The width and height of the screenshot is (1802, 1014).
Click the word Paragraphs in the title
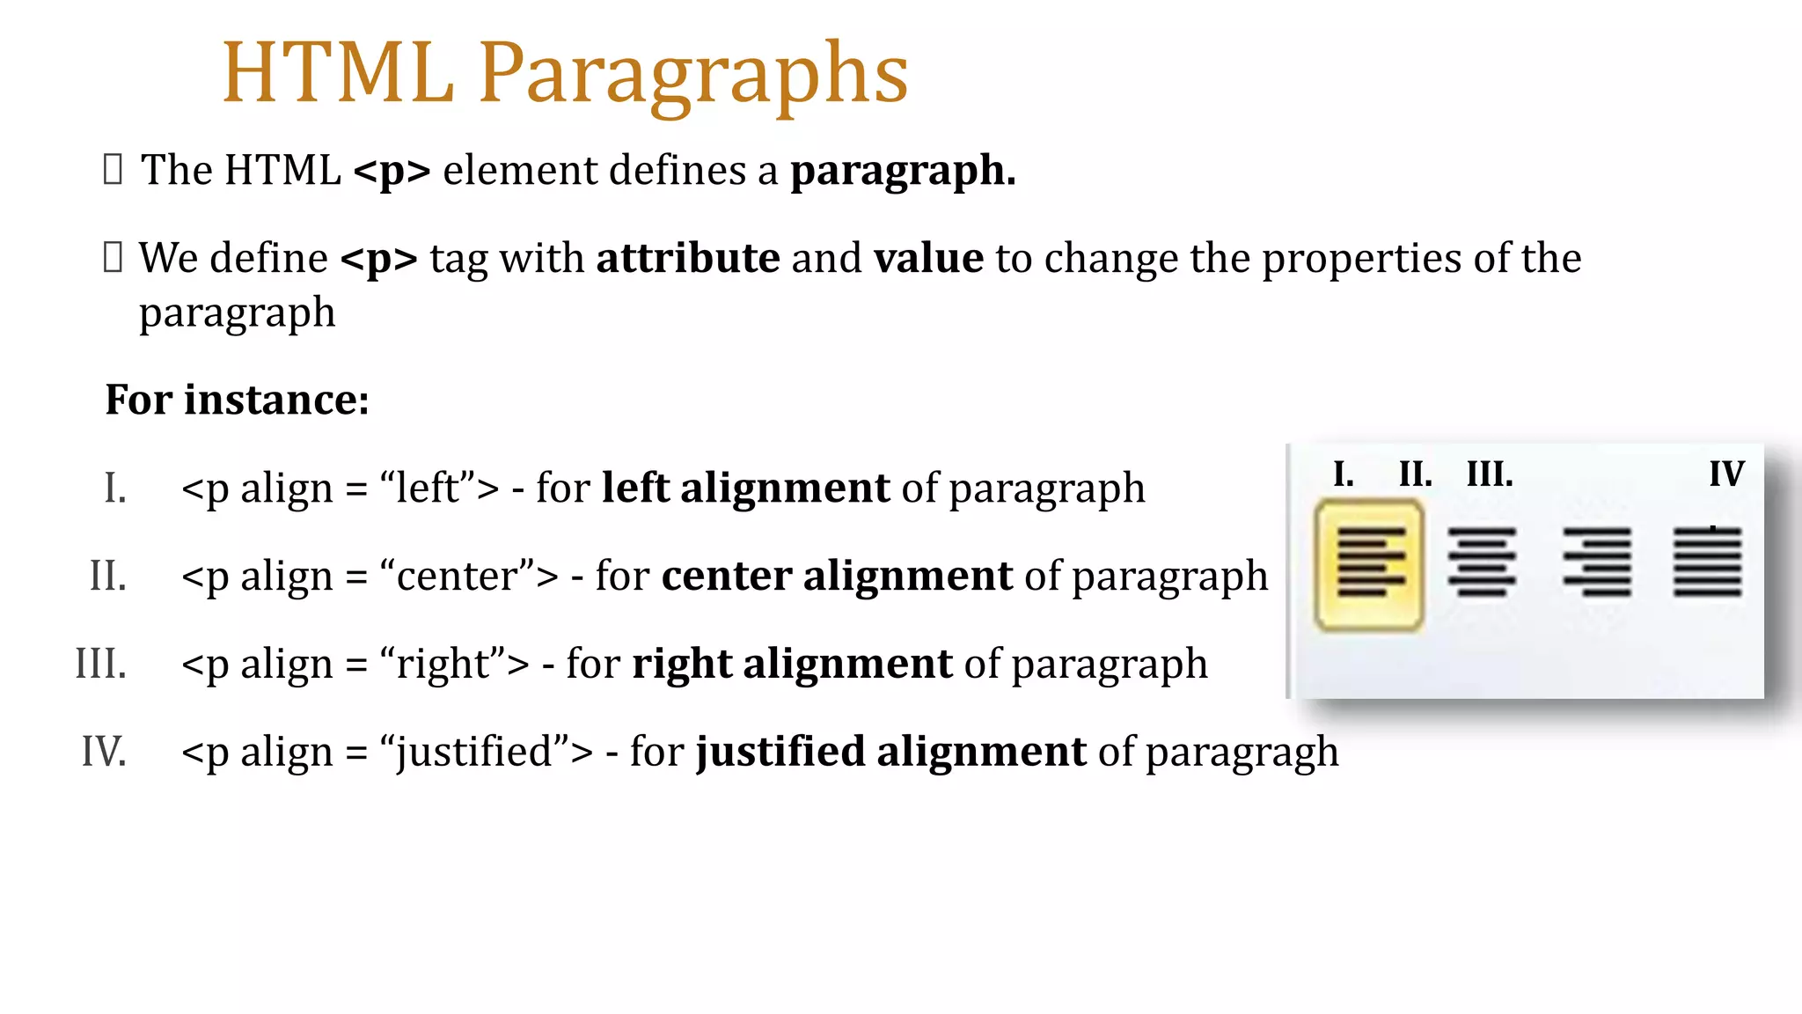click(692, 75)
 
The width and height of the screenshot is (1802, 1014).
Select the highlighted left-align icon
click(1369, 564)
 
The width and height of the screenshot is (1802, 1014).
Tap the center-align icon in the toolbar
click(1482, 562)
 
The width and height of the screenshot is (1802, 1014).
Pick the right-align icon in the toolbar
click(1597, 562)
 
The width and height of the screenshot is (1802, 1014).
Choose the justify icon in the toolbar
click(1707, 562)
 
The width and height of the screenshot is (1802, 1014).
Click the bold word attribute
click(687, 259)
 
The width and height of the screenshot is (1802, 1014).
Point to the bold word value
click(928, 259)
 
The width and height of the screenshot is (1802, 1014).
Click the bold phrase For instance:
click(238, 400)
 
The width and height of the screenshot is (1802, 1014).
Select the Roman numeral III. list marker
click(101, 664)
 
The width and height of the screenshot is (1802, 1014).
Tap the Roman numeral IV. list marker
click(104, 752)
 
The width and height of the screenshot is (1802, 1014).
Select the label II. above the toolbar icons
click(1415, 474)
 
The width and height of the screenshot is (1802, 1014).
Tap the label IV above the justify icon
click(1726, 474)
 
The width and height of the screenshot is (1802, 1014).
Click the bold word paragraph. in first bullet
click(903, 171)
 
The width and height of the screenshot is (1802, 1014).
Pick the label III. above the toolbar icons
click(1489, 474)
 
